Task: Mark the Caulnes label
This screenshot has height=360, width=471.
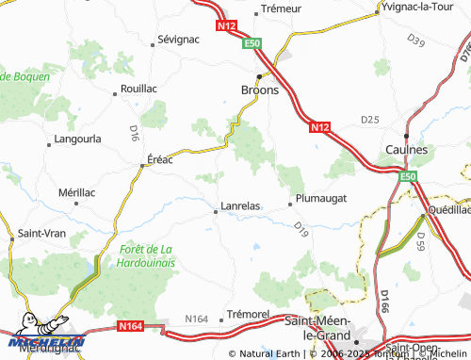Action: point(407,150)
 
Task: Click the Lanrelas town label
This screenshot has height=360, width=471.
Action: point(239,205)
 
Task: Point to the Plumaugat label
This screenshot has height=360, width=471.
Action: point(322,198)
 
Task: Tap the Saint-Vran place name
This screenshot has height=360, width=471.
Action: point(41,232)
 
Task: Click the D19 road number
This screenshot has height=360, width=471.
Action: point(300,227)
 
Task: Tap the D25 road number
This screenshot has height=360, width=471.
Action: point(369,120)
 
